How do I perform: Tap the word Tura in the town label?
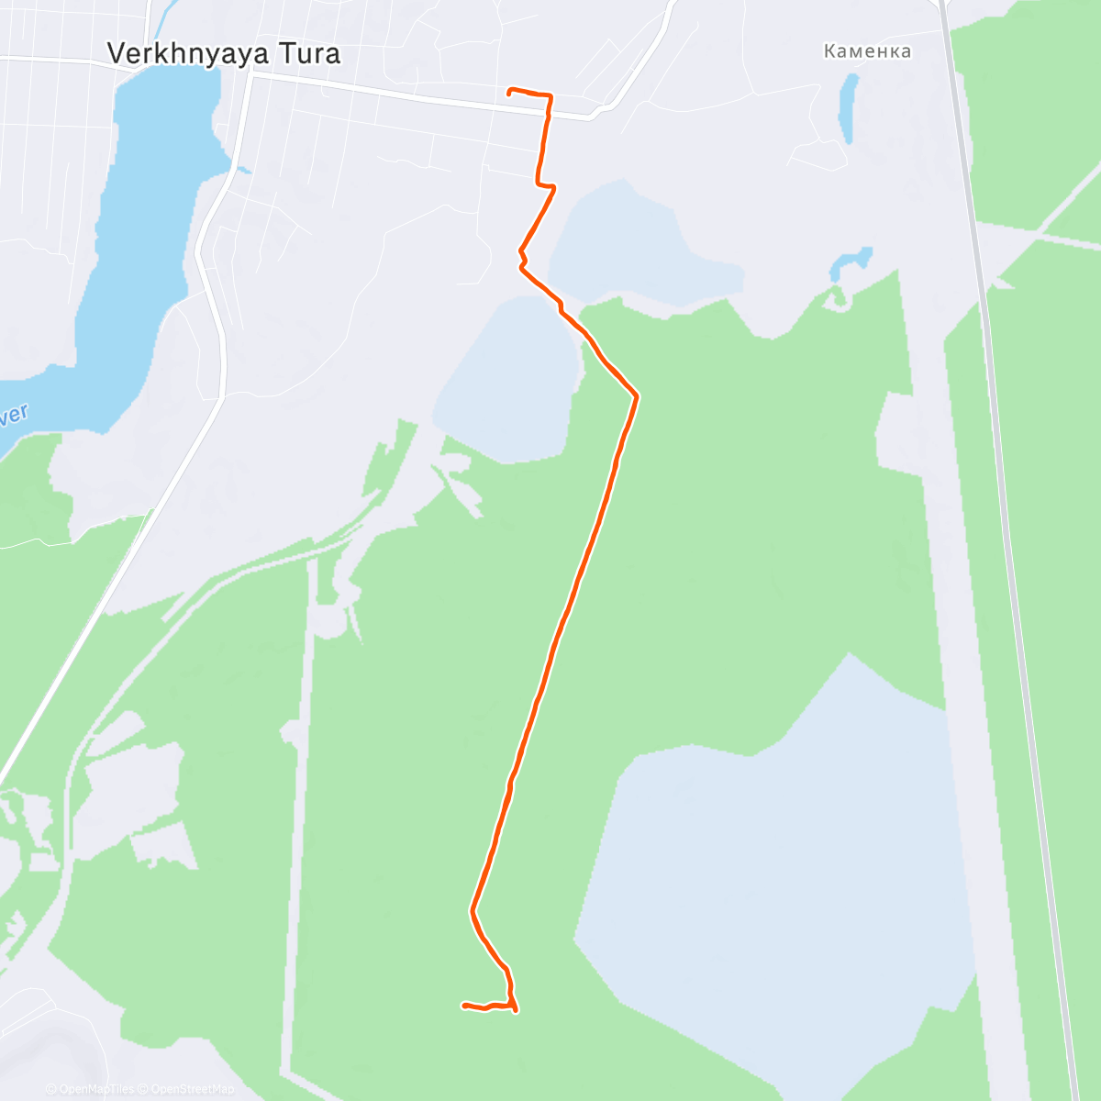point(310,54)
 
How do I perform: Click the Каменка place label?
point(867,51)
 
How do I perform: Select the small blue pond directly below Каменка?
point(849,107)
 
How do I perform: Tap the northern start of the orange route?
point(510,90)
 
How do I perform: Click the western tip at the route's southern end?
point(464,1006)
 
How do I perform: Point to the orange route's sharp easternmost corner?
point(636,395)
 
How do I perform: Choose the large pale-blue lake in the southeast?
point(780,881)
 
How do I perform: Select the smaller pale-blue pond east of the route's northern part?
point(642,243)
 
